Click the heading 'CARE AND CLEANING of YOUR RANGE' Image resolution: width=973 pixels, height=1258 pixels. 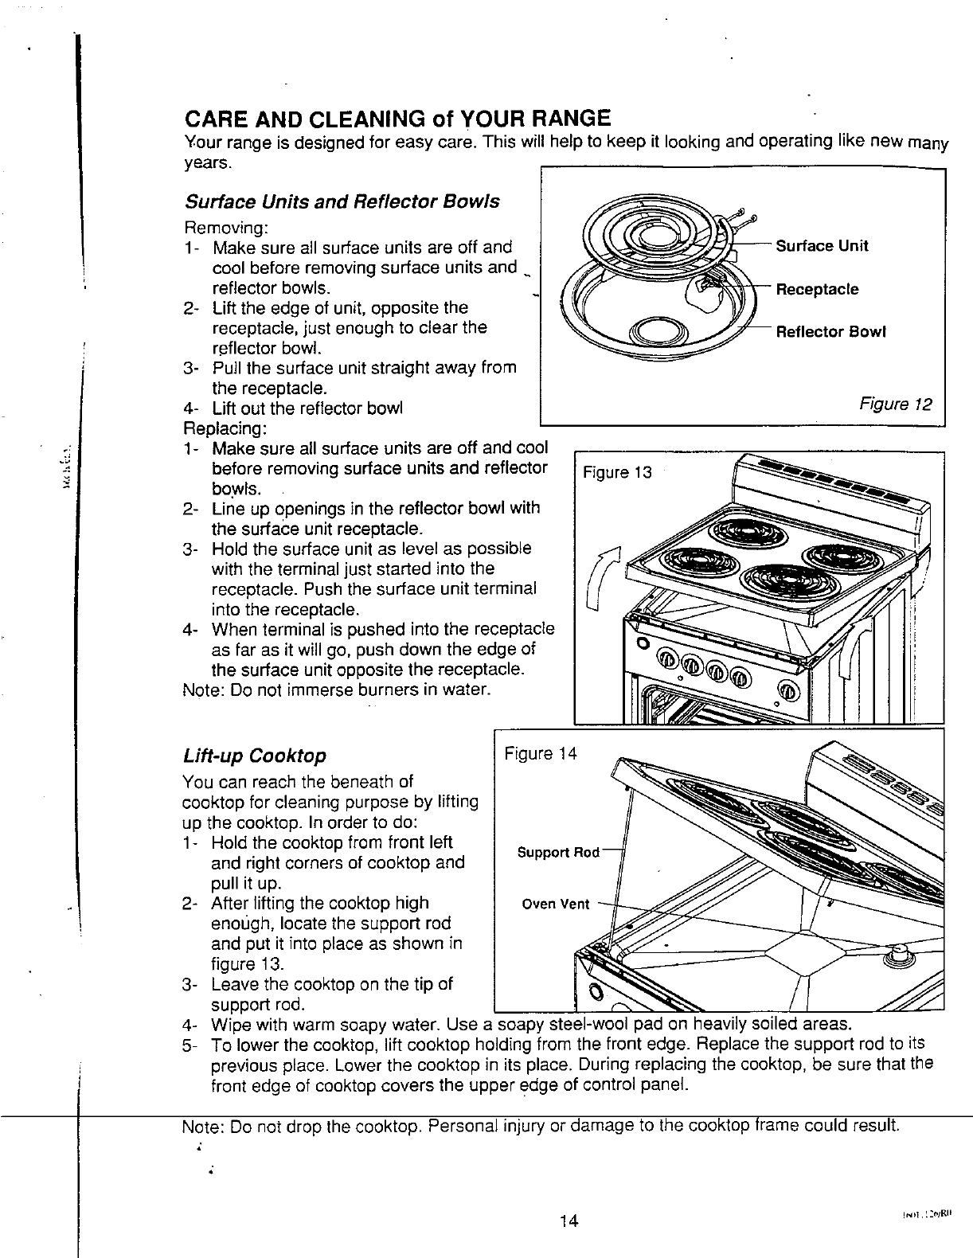397,119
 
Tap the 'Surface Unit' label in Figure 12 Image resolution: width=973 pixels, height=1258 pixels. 822,245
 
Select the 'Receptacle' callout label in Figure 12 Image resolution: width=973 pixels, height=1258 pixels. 817,289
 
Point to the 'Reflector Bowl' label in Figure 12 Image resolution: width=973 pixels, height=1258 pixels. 830,331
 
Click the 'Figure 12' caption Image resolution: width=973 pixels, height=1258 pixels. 895,404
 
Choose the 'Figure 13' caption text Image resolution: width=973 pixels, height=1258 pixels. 617,473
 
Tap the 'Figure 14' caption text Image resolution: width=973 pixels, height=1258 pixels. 540,753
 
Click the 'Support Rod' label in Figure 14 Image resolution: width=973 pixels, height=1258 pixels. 558,853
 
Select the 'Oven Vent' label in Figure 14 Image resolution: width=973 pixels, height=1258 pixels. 556,904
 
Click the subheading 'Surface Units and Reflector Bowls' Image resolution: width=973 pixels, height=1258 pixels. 341,201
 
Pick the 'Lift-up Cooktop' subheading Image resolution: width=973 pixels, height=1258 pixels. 254,755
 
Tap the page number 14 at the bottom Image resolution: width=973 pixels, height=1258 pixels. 567,1221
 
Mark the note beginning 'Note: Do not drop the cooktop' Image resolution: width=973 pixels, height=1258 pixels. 541,1127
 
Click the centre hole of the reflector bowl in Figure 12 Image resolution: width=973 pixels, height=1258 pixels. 658,330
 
